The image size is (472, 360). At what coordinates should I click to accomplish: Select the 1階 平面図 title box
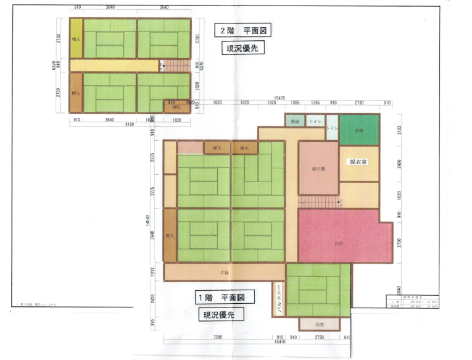[x=220, y=298]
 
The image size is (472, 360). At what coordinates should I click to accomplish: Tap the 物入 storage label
[x=76, y=39]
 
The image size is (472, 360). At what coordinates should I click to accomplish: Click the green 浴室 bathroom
[x=358, y=131]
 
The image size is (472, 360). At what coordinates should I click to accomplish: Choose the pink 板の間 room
[x=318, y=169]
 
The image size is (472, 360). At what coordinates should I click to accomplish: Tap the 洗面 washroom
[x=295, y=122]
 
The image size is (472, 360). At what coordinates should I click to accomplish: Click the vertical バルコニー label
[x=279, y=301]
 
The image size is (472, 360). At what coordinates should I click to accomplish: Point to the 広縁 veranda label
[x=225, y=272]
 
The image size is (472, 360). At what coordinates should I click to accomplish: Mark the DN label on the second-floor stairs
[x=162, y=64]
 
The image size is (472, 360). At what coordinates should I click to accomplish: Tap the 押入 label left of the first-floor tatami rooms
[x=170, y=236]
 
